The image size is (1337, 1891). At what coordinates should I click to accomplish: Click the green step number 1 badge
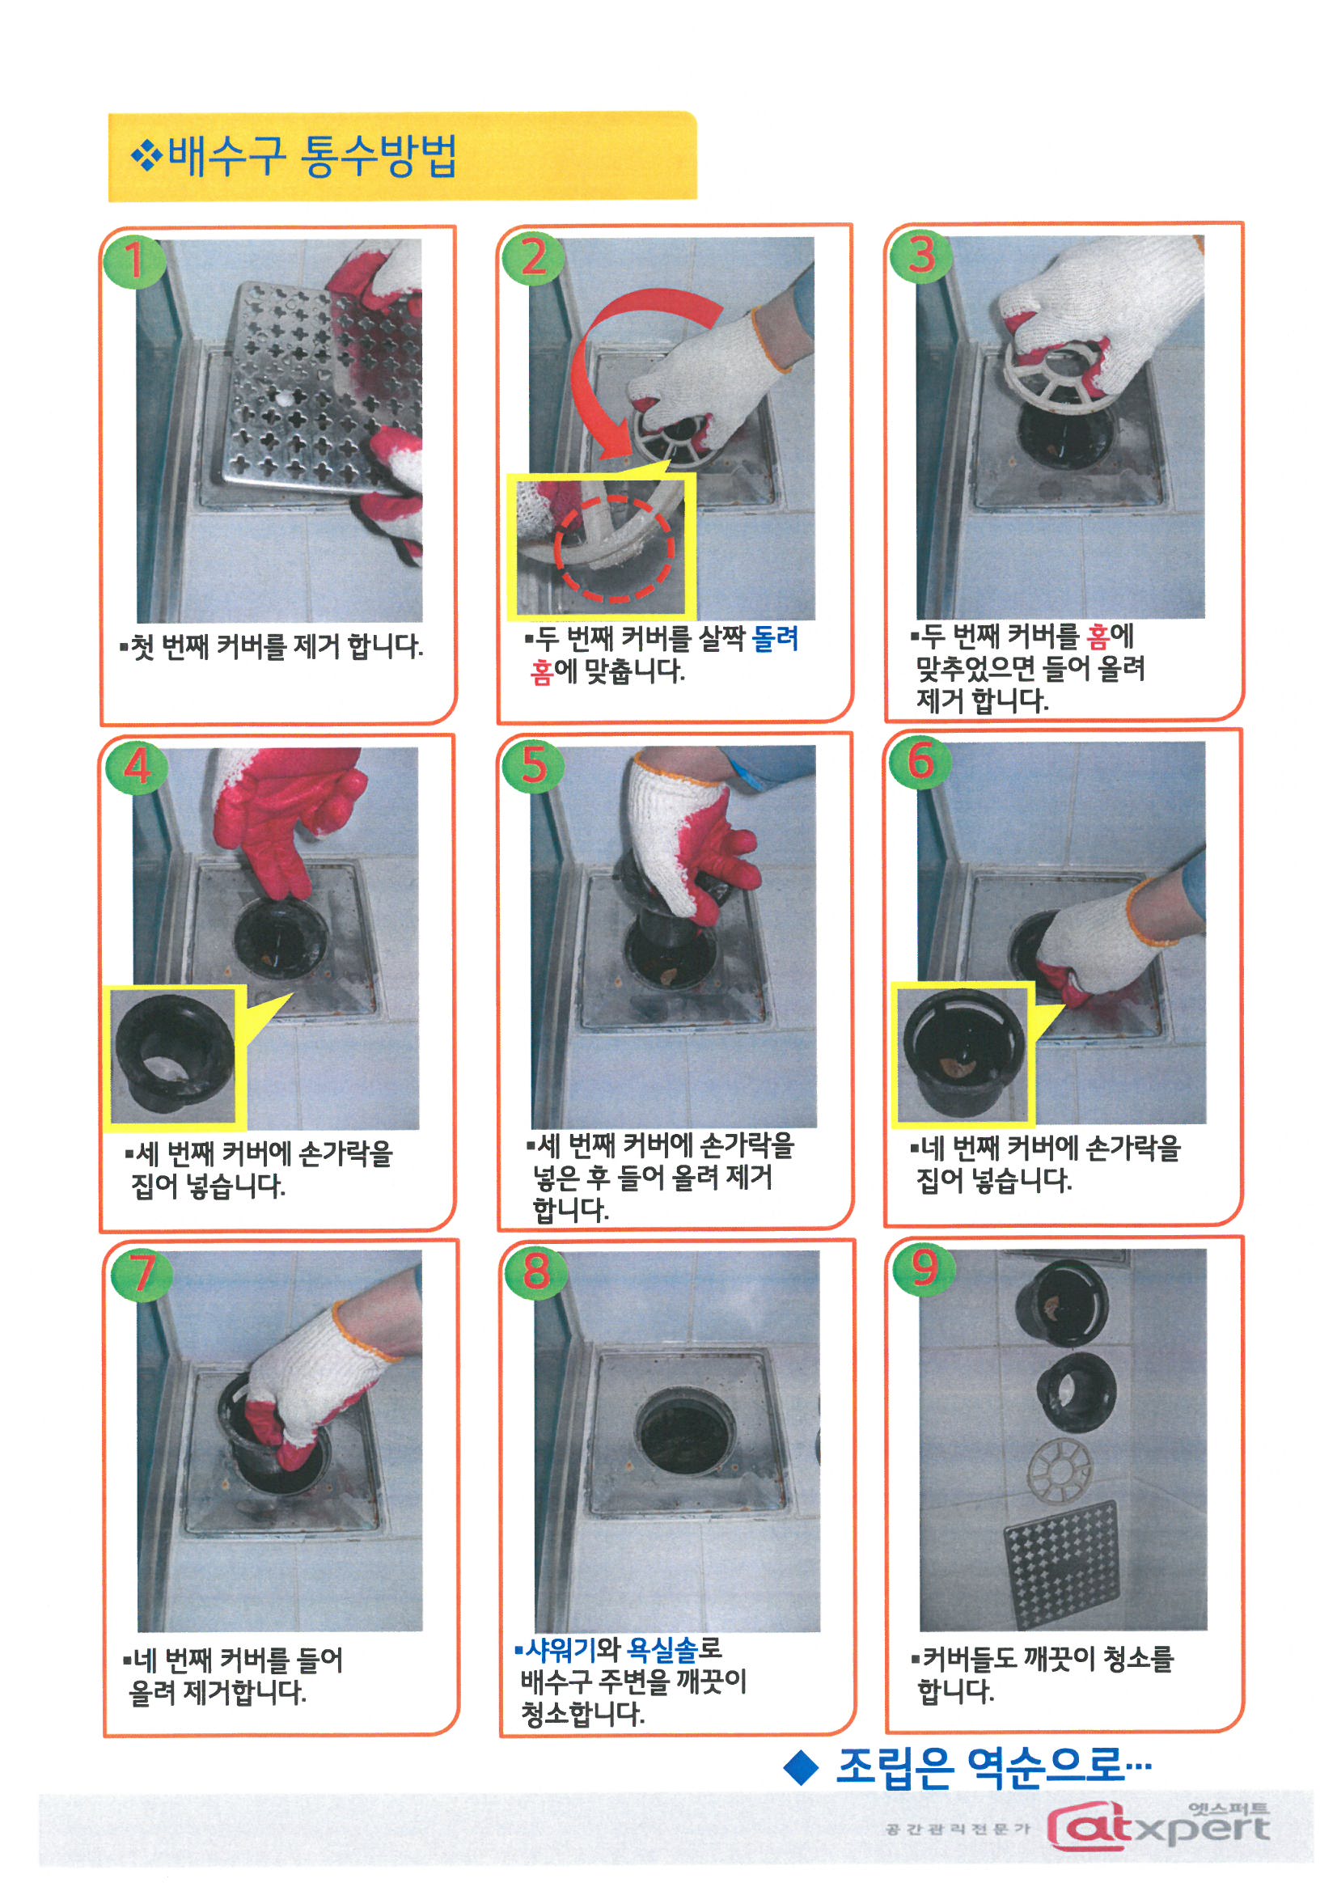134,261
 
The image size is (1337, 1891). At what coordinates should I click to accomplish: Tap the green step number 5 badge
533,766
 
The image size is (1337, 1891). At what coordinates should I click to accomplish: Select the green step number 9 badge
924,1269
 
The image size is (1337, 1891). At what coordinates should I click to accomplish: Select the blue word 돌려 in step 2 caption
775,639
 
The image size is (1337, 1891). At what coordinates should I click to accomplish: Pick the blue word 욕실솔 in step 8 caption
662,1649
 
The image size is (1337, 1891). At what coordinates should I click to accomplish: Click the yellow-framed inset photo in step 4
174,1056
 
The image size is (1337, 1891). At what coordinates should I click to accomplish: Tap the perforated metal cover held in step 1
317,387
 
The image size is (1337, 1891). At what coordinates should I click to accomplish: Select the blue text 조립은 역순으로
992,1765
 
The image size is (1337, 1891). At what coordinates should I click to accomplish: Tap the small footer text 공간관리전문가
957,1829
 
